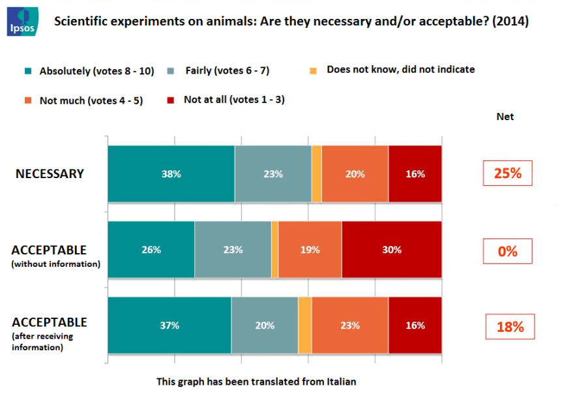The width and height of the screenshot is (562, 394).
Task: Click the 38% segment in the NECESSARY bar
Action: [x=171, y=174]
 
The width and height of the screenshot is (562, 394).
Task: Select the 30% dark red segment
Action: [x=391, y=250]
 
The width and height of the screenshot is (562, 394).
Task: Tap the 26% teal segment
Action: [x=151, y=250]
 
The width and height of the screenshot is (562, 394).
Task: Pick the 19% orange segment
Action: [x=309, y=250]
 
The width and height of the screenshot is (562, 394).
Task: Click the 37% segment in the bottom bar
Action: [x=169, y=326]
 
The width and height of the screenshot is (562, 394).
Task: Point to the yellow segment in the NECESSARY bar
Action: [x=316, y=174]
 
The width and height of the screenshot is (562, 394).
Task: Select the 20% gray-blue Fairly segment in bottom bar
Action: [x=264, y=326]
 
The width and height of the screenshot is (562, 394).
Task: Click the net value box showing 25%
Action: [x=507, y=174]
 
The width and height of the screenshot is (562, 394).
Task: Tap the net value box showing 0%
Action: [x=507, y=251]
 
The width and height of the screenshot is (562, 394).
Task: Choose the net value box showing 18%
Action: [x=510, y=327]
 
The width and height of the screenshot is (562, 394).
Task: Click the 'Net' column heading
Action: [x=505, y=117]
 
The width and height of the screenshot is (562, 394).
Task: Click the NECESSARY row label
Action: [x=50, y=174]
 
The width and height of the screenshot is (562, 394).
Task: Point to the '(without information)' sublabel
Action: [x=56, y=264]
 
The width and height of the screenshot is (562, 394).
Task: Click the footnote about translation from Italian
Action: [x=256, y=382]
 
